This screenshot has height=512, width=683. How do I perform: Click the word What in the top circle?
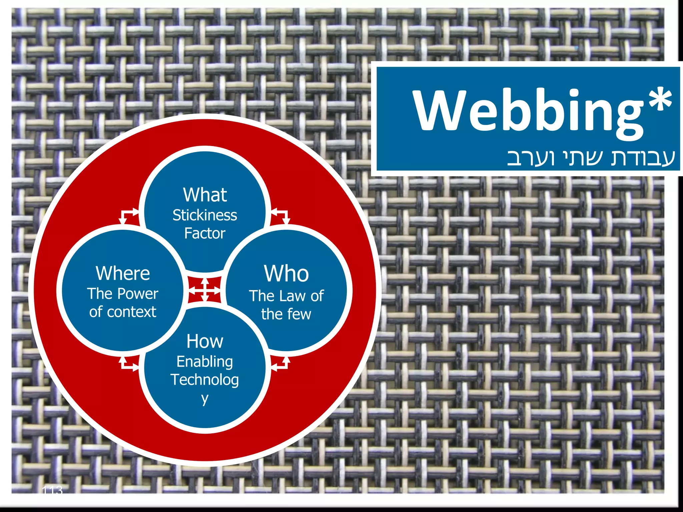[x=205, y=195]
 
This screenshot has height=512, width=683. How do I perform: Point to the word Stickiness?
[x=205, y=215]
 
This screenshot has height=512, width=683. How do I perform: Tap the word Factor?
[x=205, y=233]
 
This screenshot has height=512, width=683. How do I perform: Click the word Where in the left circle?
[x=123, y=273]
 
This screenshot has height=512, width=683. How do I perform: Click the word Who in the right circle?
[x=286, y=274]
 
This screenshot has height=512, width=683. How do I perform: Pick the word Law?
[x=293, y=296]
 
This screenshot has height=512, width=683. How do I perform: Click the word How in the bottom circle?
[x=205, y=341]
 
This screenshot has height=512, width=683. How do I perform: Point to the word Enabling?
[x=205, y=362]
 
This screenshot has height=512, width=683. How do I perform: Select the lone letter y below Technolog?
[x=205, y=398]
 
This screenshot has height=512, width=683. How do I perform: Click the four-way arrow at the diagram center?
[x=205, y=290]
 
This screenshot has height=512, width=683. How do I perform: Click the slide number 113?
[x=52, y=490]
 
